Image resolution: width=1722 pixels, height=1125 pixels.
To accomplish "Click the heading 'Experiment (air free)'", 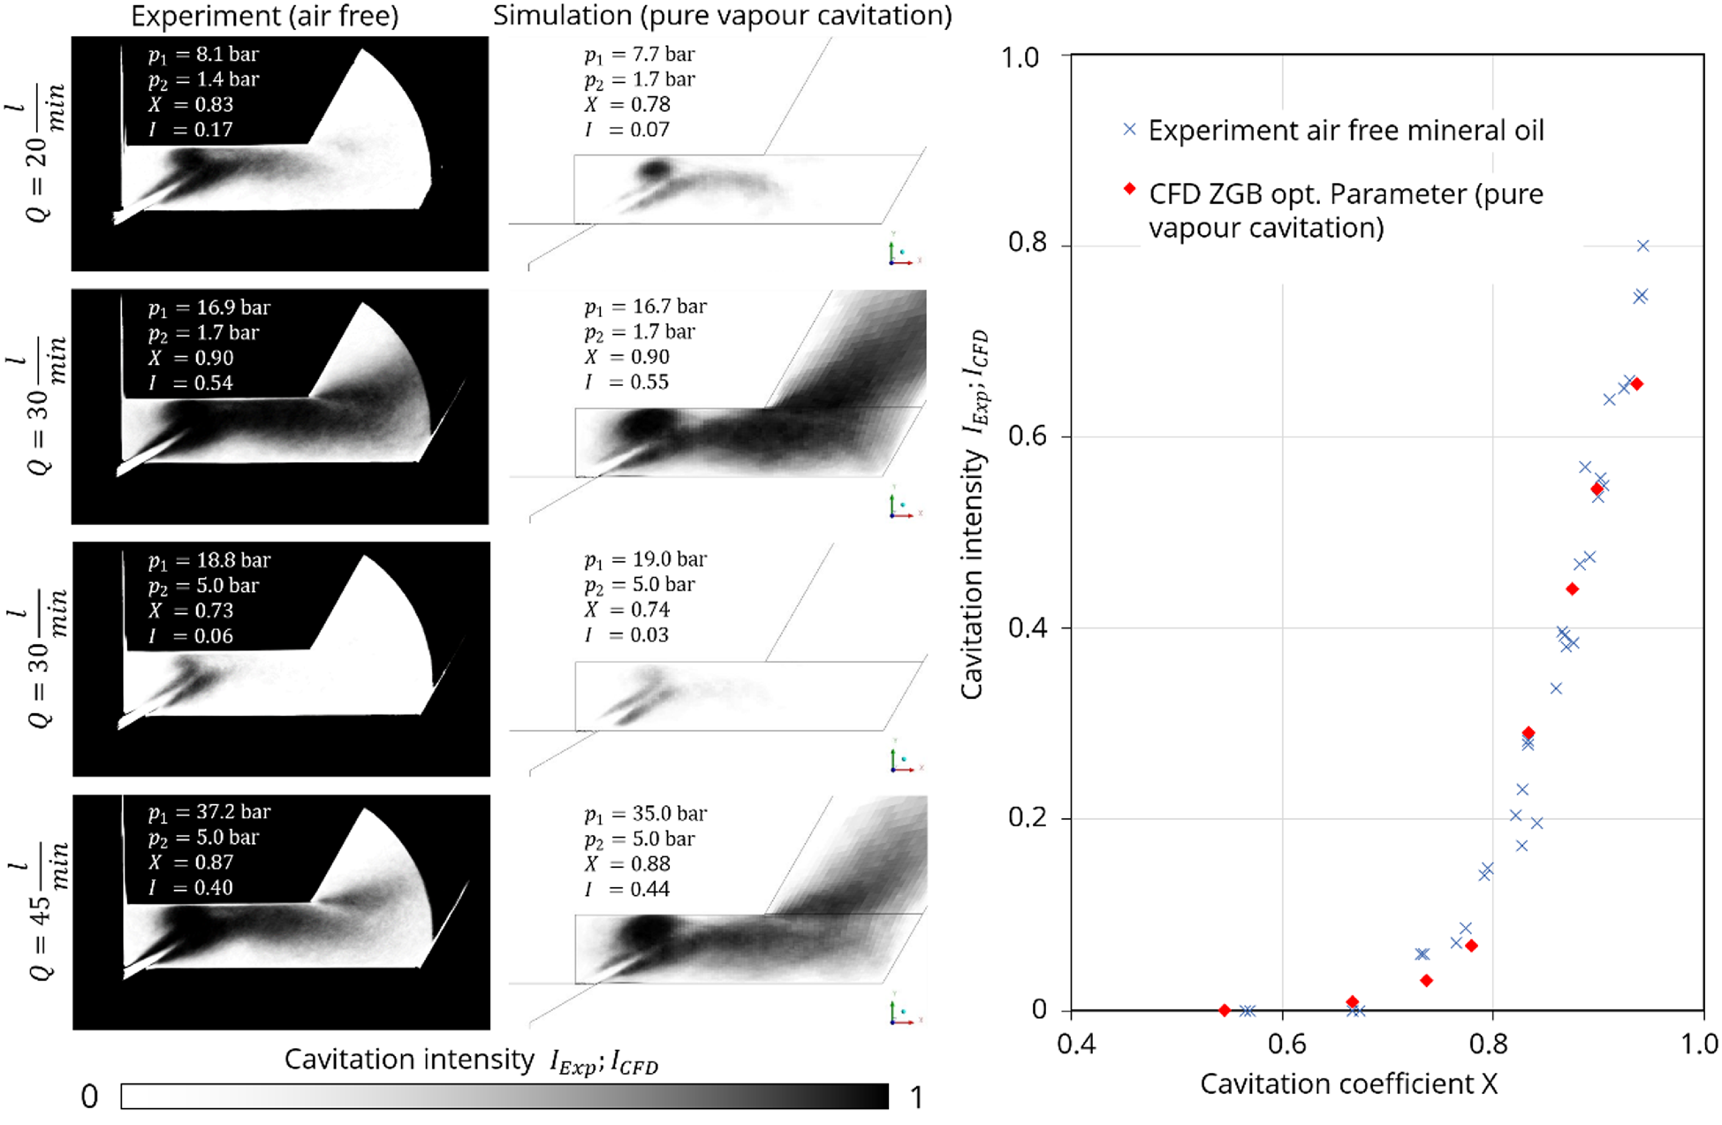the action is [265, 16].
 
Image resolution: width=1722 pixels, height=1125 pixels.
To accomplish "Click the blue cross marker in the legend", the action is [1130, 130].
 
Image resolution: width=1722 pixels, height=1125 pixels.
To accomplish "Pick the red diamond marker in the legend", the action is [1130, 189].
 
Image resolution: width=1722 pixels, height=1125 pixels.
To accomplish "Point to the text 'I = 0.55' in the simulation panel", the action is [627, 382].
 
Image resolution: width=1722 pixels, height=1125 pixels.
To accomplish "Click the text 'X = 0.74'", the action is [627, 609].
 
